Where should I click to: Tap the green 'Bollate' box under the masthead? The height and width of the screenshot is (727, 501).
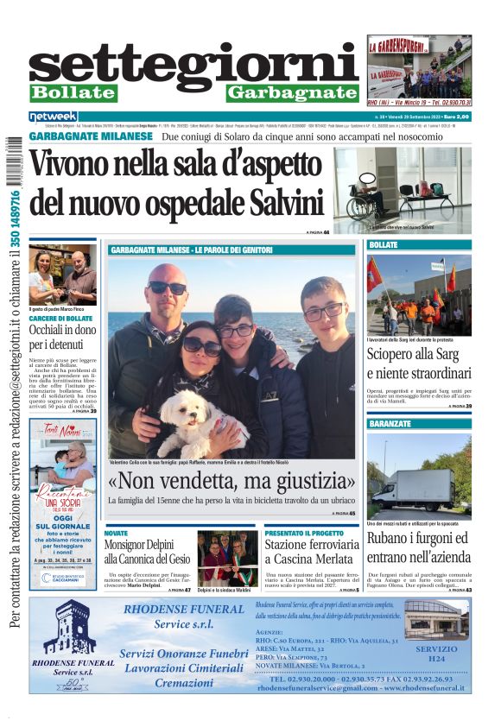pyautogui.click(x=73, y=93)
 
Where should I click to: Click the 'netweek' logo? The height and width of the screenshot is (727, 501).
pyautogui.click(x=53, y=116)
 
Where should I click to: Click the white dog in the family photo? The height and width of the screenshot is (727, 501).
pyautogui.click(x=191, y=419)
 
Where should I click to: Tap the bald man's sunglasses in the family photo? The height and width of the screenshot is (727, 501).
pyautogui.click(x=167, y=288)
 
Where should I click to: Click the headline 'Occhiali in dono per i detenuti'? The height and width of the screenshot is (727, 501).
pyautogui.click(x=61, y=337)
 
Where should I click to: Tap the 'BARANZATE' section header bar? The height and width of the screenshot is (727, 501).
pyautogui.click(x=419, y=424)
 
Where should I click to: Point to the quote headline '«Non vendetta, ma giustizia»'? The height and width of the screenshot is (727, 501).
pyautogui.click(x=231, y=481)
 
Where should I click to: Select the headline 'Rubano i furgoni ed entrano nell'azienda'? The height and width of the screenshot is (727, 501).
pyautogui.click(x=419, y=547)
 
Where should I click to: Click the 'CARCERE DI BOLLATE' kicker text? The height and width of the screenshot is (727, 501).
pyautogui.click(x=61, y=319)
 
